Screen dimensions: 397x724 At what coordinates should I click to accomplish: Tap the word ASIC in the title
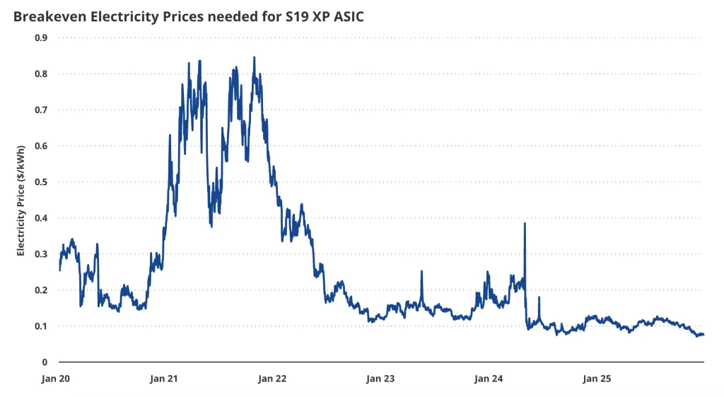pos(346,16)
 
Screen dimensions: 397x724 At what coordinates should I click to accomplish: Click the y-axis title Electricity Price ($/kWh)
pos(21,201)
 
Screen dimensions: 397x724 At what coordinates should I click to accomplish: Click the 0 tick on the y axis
pos(45,362)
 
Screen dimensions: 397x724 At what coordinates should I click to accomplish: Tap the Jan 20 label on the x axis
pos(55,379)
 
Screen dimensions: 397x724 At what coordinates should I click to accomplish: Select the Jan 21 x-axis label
pos(164,379)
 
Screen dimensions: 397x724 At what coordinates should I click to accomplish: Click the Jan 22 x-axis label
pos(272,379)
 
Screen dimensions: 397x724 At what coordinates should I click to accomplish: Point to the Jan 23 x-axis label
pos(380,379)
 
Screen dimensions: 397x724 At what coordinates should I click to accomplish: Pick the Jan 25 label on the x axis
pos(597,379)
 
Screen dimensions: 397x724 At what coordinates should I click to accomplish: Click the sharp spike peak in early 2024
pos(525,224)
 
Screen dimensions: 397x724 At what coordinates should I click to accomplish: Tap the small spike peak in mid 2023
pos(421,271)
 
